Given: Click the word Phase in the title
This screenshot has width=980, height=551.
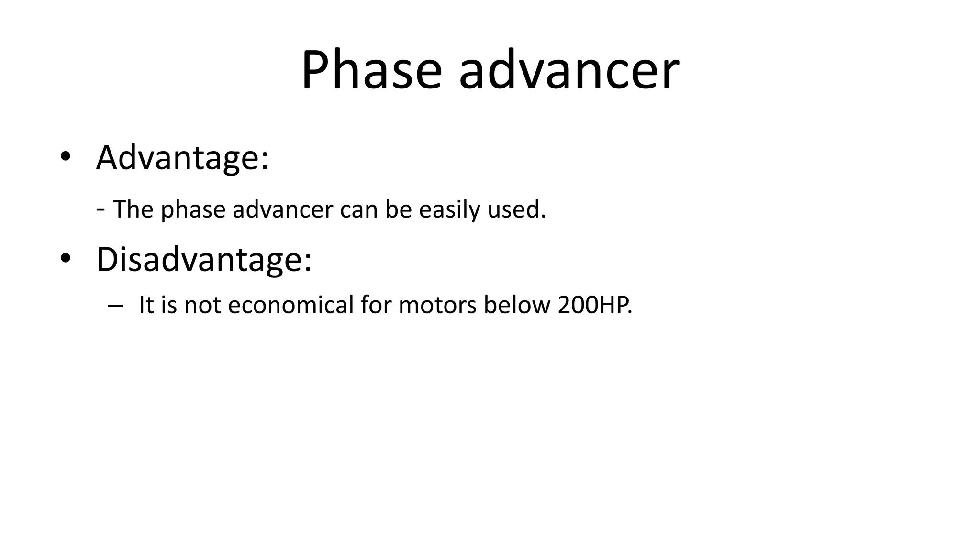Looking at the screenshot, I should click(x=371, y=71).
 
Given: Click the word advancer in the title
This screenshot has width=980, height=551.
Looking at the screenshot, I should click(x=568, y=71).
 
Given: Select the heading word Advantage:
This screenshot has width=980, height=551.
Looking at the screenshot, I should click(x=182, y=158).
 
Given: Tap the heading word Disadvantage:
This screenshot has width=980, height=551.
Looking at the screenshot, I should click(x=204, y=259).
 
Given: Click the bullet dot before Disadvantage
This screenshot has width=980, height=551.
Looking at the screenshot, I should click(x=65, y=258).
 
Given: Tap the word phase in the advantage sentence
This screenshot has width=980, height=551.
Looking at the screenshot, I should click(x=193, y=210).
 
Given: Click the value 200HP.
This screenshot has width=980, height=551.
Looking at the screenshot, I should click(x=595, y=305).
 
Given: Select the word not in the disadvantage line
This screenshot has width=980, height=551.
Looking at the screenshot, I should click(x=202, y=305).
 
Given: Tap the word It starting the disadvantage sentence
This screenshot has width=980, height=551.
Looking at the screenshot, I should click(x=146, y=305).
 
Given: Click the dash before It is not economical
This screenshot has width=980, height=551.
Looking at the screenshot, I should click(x=115, y=306).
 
